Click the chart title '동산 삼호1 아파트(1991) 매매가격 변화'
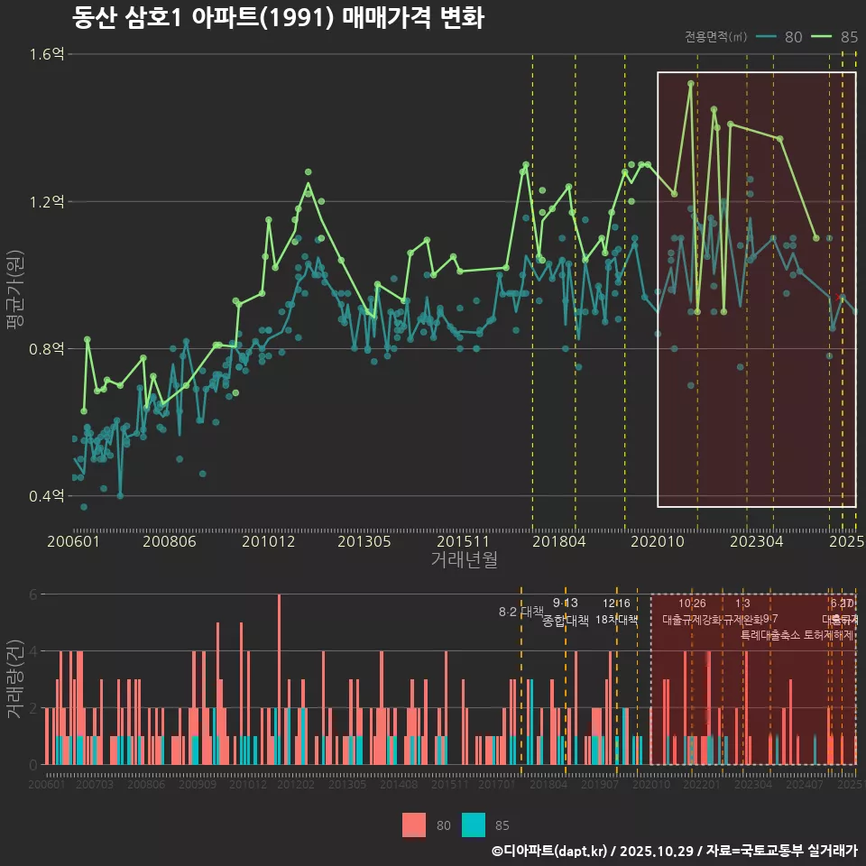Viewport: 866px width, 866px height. pos(278,18)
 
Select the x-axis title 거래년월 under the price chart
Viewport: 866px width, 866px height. pos(464,559)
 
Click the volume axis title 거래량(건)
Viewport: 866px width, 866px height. pos(15,679)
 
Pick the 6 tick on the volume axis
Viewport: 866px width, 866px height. pos(32,594)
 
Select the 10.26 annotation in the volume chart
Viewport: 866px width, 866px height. pos(692,603)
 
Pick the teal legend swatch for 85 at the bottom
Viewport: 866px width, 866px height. pos(474,825)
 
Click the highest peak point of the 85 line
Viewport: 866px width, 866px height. pos(691,84)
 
